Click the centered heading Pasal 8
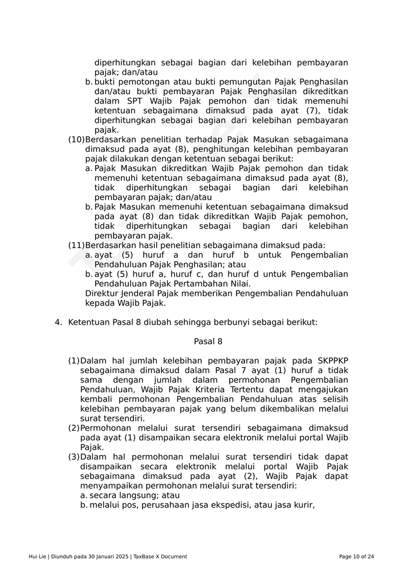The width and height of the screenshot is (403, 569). tap(208, 341)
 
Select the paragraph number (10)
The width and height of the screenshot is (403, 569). tap(76, 139)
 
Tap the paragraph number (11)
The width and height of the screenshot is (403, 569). tap(76, 245)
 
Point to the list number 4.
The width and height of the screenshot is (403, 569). tap(58, 322)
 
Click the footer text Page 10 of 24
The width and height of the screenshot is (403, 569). tap(356, 556)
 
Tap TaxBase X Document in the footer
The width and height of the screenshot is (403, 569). tap(160, 556)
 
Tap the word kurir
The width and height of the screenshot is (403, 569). tap(303, 505)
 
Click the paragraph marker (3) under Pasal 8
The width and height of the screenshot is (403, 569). tap(74, 457)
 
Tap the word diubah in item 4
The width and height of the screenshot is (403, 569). tap(156, 322)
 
